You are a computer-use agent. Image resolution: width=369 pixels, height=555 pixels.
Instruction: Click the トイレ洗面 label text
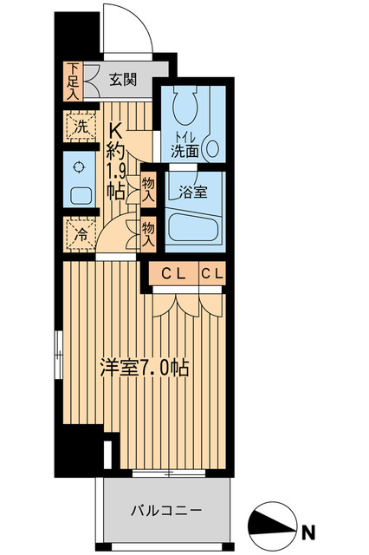[185, 144]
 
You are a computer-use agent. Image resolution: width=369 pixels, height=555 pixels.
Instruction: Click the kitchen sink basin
[79, 196]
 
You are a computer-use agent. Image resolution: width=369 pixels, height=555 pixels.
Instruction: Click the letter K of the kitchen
[114, 127]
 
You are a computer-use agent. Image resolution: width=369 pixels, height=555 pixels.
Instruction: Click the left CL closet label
[172, 274]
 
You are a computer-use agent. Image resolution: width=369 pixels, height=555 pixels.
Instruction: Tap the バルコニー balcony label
[162, 509]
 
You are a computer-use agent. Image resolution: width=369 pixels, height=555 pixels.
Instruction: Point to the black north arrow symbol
[276, 524]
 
